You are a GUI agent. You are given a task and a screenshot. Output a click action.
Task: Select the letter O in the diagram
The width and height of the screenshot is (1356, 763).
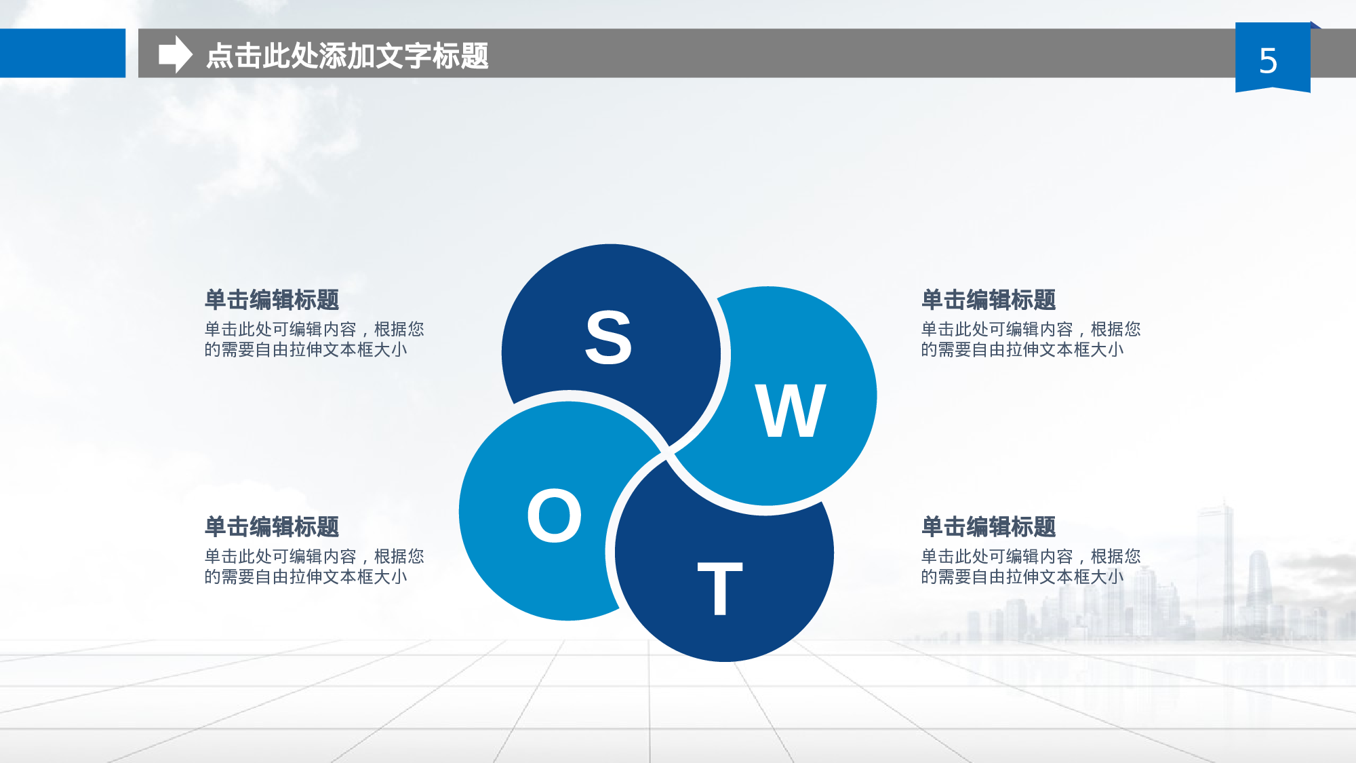click(x=554, y=515)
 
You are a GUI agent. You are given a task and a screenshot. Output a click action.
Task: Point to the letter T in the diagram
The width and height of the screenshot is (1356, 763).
click(x=720, y=588)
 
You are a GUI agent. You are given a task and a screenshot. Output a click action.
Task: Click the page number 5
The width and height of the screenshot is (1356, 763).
click(x=1268, y=61)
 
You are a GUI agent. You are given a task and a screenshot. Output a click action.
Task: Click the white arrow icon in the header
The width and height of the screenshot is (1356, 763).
click(x=175, y=54)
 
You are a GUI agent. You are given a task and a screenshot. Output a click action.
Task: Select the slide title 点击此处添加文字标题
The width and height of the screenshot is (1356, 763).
click(x=346, y=56)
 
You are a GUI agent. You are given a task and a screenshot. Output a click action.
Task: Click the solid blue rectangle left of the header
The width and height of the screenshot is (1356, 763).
click(x=62, y=53)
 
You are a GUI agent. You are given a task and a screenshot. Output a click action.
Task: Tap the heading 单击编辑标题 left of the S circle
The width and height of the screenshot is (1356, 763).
click(x=271, y=299)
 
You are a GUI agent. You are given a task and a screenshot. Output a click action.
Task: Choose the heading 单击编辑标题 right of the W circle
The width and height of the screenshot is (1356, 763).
click(x=988, y=299)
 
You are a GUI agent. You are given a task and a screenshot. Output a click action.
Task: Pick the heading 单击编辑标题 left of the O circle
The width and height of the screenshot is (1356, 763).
click(x=271, y=526)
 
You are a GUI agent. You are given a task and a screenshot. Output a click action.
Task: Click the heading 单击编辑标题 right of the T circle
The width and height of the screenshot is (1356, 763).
click(x=988, y=526)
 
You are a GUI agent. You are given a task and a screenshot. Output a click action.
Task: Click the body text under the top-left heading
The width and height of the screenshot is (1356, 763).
click(x=313, y=339)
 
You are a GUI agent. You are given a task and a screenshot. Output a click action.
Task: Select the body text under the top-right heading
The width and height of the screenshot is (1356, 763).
click(x=1030, y=339)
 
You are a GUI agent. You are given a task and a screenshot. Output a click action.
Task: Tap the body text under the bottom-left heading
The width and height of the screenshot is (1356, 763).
click(x=313, y=566)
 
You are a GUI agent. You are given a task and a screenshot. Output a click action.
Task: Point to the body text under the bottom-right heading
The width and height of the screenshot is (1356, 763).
click(x=1030, y=566)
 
